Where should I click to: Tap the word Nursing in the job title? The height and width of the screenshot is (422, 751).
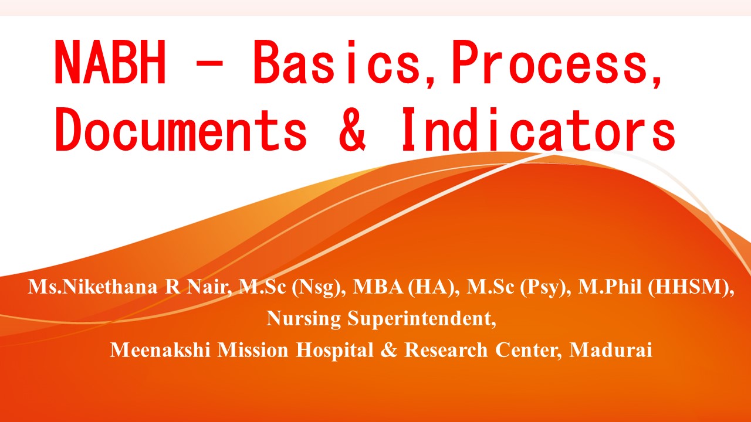pos(304,319)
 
